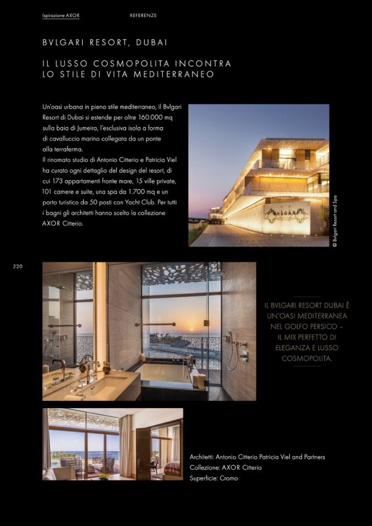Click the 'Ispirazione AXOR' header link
tap(60, 15)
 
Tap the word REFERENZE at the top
tap(143, 15)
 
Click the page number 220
tap(18, 267)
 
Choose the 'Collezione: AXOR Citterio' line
tap(226, 467)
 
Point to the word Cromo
tap(229, 478)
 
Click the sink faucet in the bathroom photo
tap(60, 366)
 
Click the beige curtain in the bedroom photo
tap(126, 444)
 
